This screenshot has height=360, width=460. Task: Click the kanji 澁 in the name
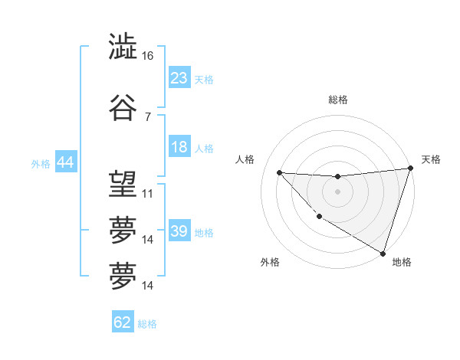123,47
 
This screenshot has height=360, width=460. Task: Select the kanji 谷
123,109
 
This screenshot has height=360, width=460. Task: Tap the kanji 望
123,184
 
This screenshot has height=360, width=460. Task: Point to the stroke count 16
148,57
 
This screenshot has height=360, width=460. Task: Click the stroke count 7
148,117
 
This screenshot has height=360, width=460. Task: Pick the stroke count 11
148,193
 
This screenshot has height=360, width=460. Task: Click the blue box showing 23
179,79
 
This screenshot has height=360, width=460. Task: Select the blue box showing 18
179,148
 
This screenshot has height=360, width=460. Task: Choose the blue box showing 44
65,163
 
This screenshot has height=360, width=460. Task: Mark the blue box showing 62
123,323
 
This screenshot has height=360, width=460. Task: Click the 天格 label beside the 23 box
204,80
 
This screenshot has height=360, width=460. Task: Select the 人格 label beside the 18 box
204,149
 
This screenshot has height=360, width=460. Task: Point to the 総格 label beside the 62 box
147,324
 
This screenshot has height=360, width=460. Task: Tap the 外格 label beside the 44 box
41,164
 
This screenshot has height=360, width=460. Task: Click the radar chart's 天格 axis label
431,159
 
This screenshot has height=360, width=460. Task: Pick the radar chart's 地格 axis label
402,262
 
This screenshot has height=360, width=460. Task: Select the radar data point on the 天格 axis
410,169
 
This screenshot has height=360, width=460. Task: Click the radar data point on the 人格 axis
280,172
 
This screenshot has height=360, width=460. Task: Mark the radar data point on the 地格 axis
383,253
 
